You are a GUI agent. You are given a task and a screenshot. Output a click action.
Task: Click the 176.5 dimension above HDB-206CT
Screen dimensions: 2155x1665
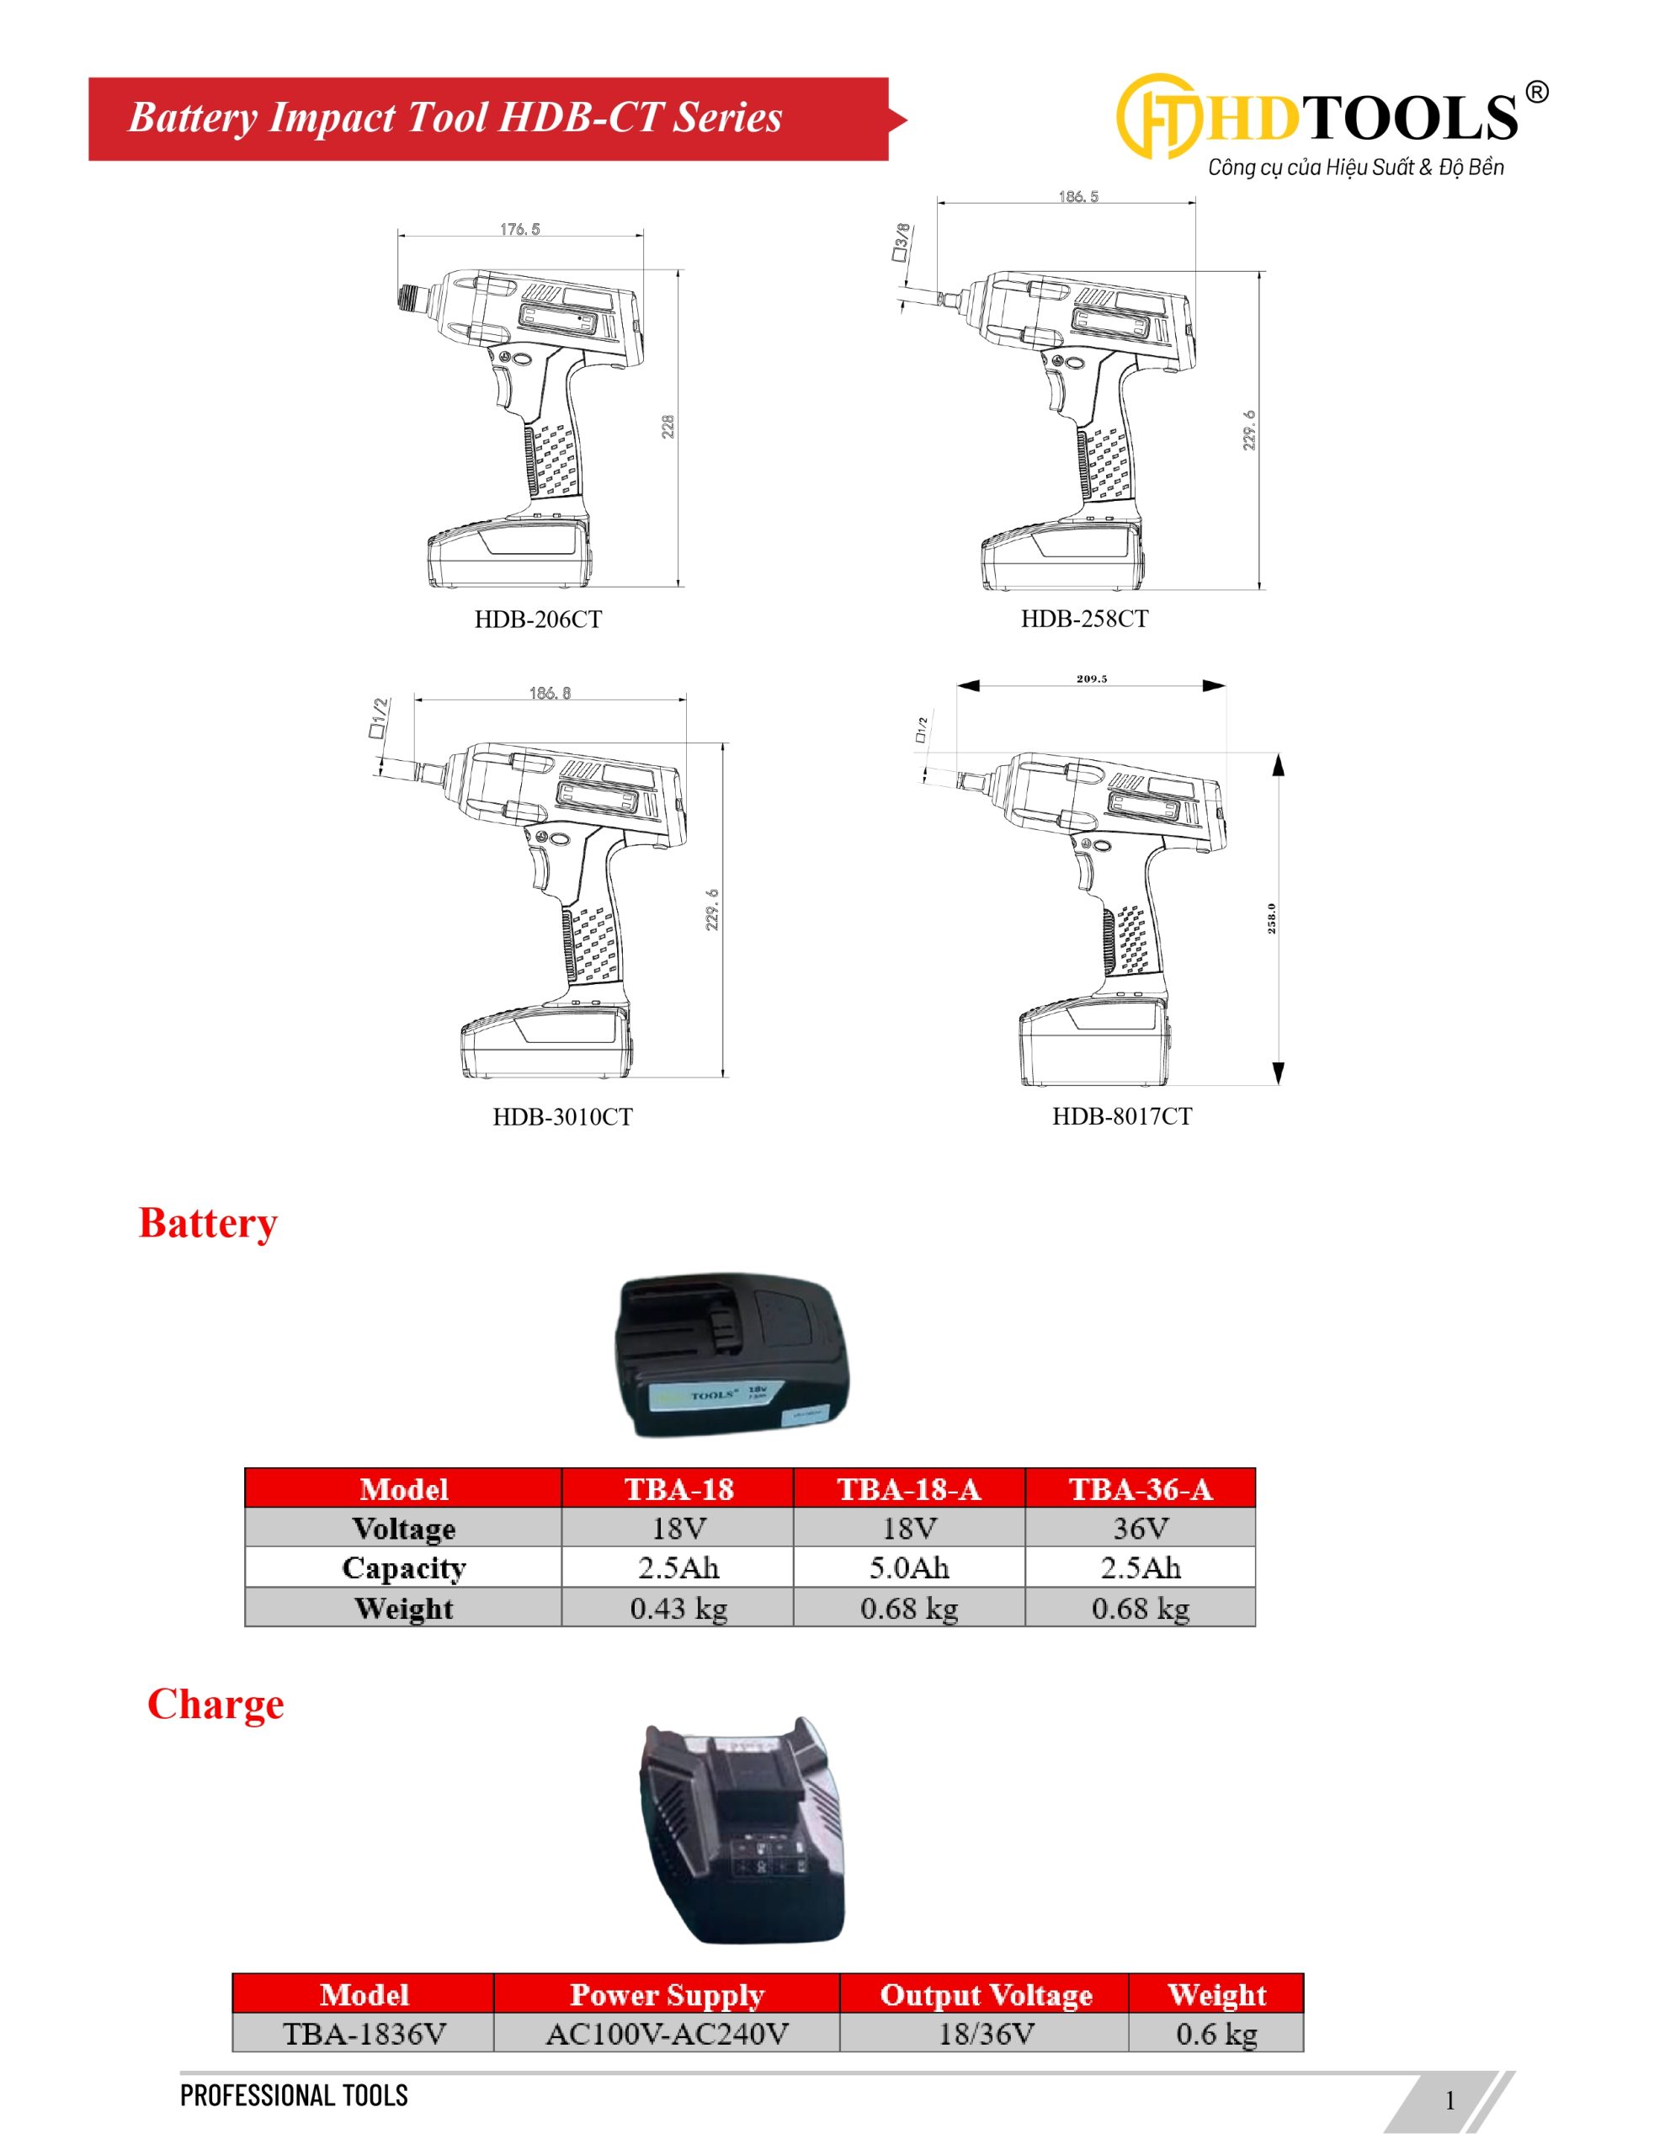(520, 229)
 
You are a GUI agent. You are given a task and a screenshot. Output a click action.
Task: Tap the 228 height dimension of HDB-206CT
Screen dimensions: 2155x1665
(668, 426)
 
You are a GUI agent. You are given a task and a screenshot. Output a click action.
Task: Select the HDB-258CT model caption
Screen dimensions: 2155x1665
(1083, 619)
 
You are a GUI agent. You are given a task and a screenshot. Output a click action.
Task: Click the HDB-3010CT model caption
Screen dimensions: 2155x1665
(562, 1116)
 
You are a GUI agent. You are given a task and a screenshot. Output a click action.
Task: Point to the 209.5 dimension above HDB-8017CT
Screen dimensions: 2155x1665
(1092, 678)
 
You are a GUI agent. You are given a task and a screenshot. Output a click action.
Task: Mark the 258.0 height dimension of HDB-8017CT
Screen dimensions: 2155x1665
(1271, 918)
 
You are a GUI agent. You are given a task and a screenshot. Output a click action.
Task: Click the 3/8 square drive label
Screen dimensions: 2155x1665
(901, 242)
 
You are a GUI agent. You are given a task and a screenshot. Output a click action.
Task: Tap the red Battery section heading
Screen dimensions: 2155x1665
(208, 1222)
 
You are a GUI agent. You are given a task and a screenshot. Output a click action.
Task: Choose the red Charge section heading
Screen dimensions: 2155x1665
(215, 1704)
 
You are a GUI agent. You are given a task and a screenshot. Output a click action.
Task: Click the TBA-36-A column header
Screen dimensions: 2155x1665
(1140, 1488)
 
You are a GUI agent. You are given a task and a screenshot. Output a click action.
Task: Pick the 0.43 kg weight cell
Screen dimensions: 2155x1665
(678, 1609)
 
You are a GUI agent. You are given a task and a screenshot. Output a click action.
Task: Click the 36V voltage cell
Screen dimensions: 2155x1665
(1140, 1528)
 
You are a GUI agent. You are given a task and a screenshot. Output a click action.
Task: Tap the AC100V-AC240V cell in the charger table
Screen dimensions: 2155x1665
(668, 2033)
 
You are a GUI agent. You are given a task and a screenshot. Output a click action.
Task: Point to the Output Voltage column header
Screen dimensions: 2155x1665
(985, 1994)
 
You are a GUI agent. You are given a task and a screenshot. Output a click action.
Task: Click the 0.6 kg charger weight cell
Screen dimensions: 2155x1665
(1216, 2033)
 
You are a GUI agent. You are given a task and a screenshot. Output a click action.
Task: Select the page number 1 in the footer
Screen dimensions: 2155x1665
(1450, 2099)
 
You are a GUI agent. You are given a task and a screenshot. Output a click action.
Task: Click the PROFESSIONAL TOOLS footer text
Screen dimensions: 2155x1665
(293, 2094)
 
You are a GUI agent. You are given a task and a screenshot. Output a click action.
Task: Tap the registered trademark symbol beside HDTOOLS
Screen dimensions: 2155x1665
(1537, 93)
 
